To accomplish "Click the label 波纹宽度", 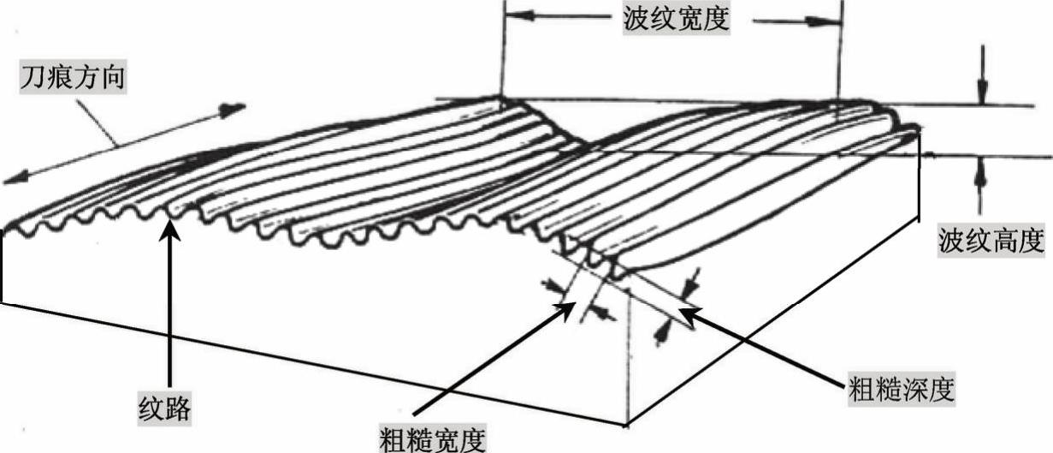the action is [x=676, y=19].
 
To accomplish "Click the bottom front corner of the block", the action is [x=629, y=425].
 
